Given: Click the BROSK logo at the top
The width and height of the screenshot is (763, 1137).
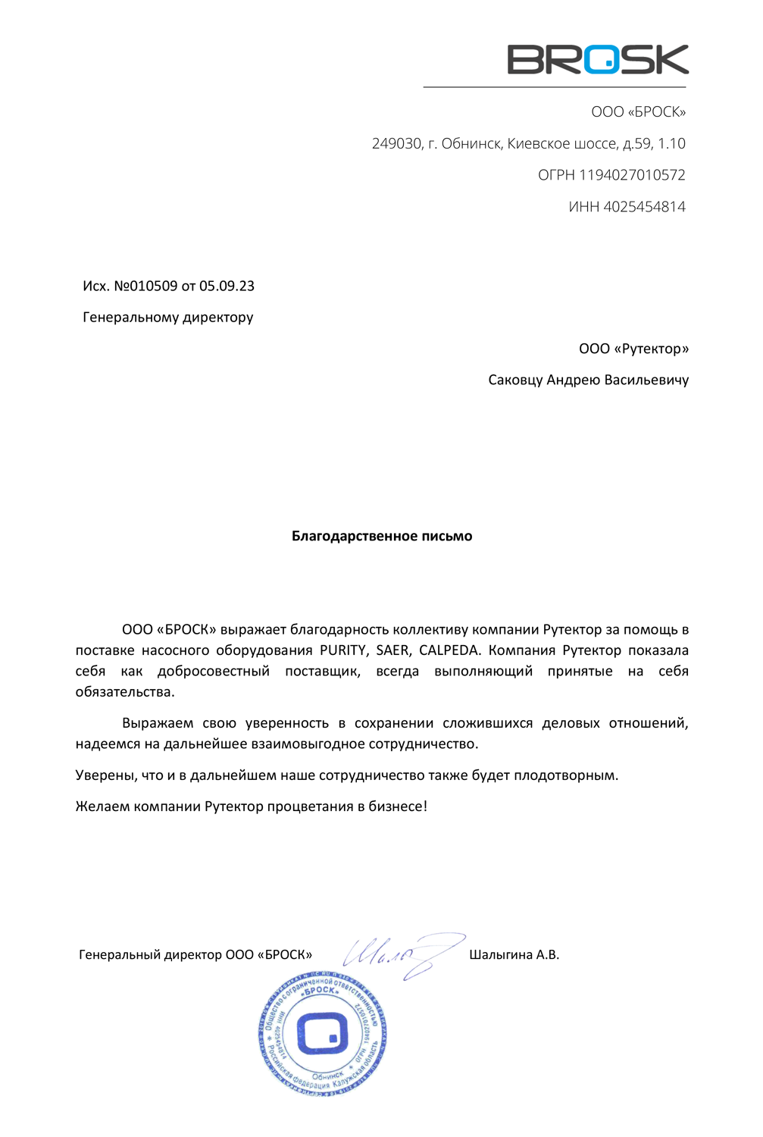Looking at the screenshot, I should coord(597,59).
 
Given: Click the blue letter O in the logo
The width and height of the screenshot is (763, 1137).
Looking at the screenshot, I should coord(601,59).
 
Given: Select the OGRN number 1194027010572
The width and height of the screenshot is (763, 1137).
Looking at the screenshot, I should coord(632,175).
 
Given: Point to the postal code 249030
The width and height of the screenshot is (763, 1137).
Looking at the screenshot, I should coord(396,144).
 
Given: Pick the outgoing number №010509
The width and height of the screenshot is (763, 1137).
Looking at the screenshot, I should coord(145,287).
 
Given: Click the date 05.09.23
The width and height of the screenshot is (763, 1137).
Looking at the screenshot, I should coord(227,287).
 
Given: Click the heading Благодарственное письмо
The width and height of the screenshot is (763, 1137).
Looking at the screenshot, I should coord(382,537).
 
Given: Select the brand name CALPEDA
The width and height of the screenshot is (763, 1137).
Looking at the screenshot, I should coord(449,650).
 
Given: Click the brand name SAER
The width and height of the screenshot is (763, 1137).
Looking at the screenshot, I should coord(392,650).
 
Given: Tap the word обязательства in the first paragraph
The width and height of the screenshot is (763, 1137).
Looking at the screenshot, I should coord(124,692).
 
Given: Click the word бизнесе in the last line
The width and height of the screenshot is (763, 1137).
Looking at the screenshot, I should coord(400,807).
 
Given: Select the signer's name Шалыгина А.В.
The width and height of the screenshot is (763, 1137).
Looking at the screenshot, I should coord(514,955).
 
